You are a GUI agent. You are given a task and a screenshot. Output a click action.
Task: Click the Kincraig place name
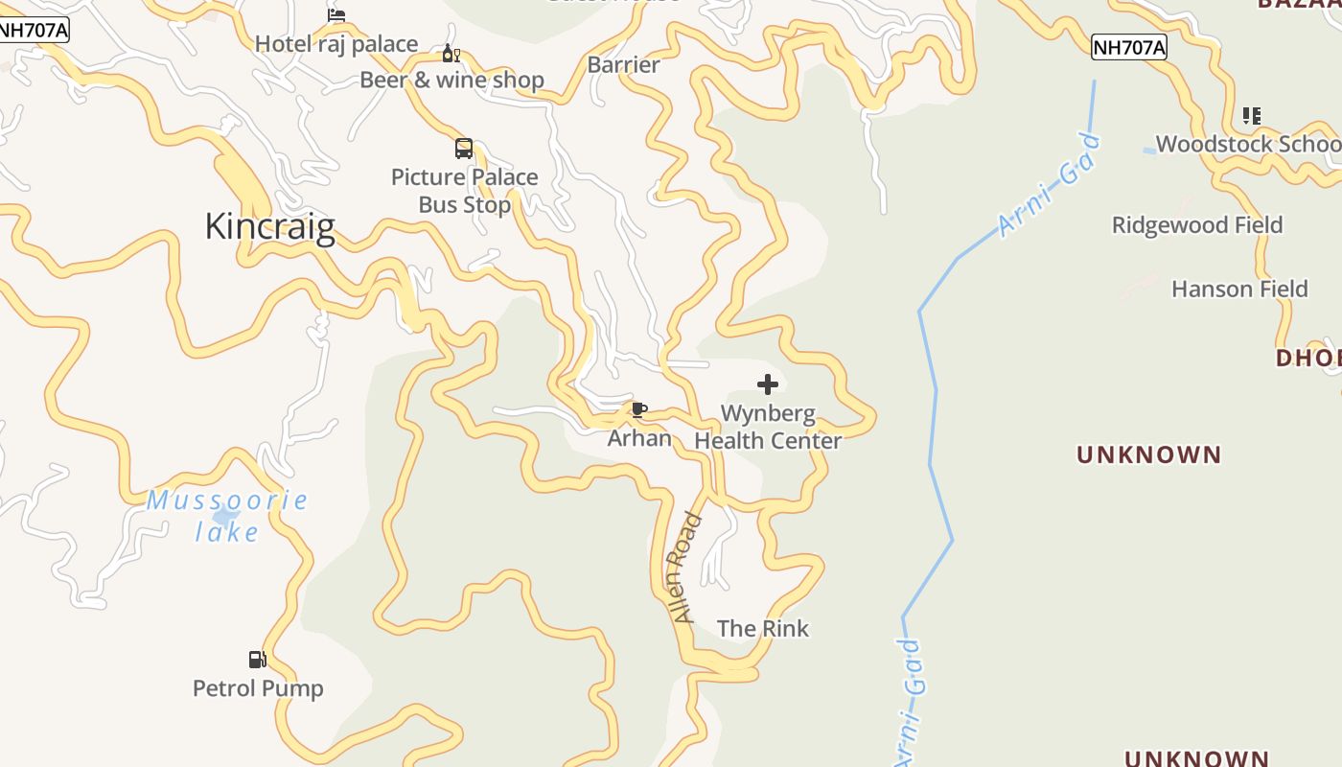(270, 226)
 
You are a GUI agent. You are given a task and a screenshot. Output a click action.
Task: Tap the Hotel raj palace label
(336, 44)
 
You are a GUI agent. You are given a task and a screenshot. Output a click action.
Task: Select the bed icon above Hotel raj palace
(336, 15)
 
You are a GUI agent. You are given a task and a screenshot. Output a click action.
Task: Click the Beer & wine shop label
(451, 80)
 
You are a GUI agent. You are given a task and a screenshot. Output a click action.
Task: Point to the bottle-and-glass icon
(451, 54)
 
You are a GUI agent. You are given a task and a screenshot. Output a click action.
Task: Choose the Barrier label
(623, 65)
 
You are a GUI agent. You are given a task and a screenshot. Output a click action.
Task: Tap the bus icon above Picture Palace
(464, 149)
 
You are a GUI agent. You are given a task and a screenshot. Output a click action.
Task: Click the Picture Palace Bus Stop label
(464, 191)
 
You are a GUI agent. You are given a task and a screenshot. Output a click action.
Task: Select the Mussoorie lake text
(227, 515)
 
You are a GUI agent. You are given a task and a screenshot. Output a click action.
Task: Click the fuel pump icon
(257, 660)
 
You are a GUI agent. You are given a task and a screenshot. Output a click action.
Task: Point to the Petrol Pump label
(258, 688)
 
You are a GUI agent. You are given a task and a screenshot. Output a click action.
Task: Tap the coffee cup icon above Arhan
(639, 410)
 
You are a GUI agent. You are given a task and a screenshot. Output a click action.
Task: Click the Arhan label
(639, 438)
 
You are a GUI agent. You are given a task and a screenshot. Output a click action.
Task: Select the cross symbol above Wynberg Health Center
(768, 384)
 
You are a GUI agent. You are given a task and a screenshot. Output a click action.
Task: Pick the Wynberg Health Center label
(768, 428)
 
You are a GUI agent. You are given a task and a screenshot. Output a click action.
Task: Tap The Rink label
(763, 629)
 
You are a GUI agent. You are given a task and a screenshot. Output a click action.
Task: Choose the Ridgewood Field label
(1197, 225)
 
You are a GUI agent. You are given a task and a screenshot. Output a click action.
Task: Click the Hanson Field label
(1239, 289)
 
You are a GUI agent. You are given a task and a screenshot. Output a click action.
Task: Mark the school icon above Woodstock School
(1252, 116)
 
